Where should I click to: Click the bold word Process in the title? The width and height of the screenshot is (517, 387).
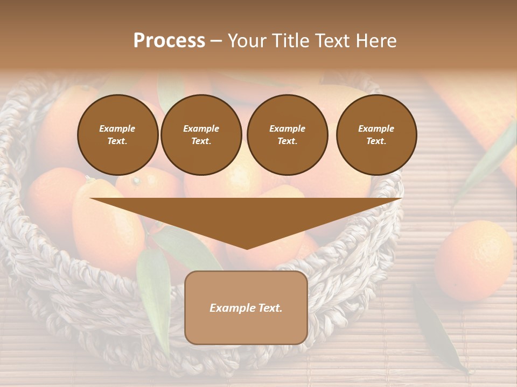[169, 41]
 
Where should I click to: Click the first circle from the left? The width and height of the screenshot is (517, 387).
[117, 135]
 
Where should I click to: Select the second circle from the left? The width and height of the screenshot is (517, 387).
[201, 135]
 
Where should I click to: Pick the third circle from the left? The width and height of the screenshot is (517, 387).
[287, 135]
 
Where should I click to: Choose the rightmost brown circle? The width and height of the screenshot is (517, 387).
[376, 135]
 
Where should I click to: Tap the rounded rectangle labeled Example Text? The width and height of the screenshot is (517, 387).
[246, 307]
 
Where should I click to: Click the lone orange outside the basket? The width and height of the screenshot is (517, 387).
[473, 260]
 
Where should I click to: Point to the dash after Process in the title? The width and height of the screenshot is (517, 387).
[216, 41]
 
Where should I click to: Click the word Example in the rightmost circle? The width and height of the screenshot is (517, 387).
[376, 128]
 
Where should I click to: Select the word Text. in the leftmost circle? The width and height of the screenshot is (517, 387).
[117, 141]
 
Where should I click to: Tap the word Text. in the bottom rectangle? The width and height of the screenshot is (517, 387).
[269, 308]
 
